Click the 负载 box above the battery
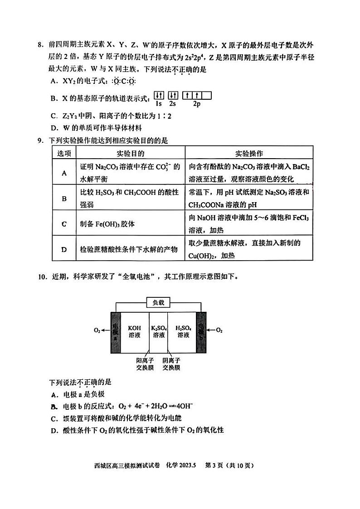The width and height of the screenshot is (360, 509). [158, 303]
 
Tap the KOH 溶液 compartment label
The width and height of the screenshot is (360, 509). [135, 331]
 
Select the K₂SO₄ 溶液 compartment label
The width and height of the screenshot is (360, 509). [159, 331]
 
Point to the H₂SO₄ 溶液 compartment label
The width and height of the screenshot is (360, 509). [183, 331]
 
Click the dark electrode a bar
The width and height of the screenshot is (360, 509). [115, 331]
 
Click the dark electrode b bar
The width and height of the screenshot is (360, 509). [200, 331]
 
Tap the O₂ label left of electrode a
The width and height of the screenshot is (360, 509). [97, 330]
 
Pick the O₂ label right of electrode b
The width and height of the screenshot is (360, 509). [219, 330]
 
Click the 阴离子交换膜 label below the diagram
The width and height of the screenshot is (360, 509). [172, 364]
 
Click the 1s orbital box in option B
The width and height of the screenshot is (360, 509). [159, 96]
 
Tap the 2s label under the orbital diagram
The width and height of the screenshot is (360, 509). [172, 104]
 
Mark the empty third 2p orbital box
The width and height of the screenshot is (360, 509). [206, 96]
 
